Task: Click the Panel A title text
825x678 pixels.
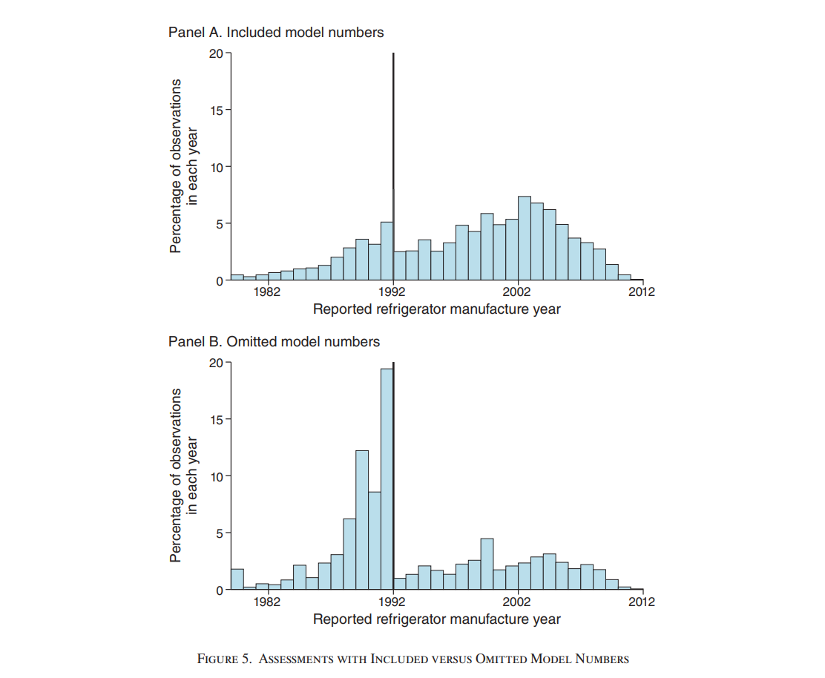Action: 276,32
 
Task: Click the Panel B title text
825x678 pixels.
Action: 274,341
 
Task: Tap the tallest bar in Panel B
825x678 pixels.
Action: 387,478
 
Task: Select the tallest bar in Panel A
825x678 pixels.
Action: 524,239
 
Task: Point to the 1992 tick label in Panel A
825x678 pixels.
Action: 393,292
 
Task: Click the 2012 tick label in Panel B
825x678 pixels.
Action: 642,602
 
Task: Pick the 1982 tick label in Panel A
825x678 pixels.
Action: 267,292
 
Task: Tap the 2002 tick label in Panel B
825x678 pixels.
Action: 517,602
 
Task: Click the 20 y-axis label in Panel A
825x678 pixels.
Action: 215,53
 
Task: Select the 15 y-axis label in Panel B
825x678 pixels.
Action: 215,419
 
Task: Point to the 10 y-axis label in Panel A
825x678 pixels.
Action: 215,167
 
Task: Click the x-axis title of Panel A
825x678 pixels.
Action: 436,309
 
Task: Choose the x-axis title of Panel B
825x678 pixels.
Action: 436,619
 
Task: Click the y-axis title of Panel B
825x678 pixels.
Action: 183,475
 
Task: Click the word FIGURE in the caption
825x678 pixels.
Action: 217,659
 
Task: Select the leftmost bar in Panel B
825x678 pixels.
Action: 237,579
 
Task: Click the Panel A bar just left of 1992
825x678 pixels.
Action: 387,251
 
